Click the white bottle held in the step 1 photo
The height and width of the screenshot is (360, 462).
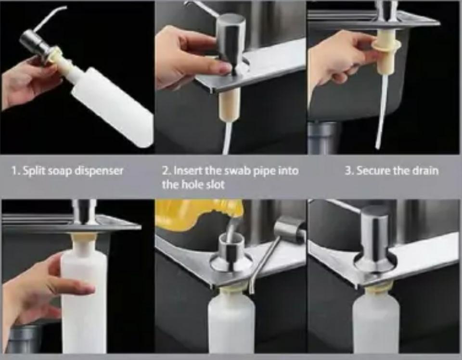pyautogui.click(x=111, y=106)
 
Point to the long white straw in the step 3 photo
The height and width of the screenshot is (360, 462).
pyautogui.click(x=381, y=112)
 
